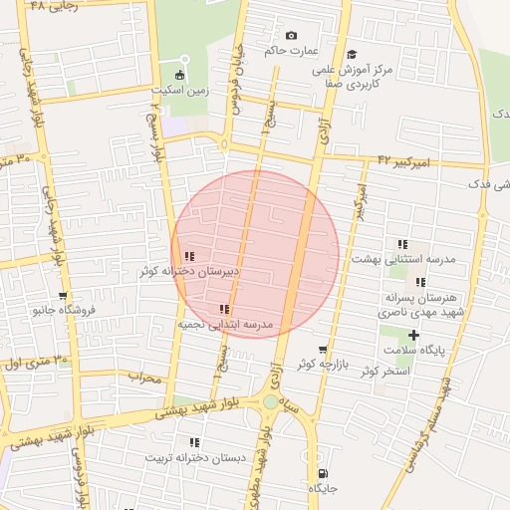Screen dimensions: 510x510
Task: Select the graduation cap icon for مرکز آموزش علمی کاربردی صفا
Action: (351, 56)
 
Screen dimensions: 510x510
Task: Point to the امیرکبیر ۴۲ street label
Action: (403, 160)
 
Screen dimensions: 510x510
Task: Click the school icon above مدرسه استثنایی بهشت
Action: (402, 244)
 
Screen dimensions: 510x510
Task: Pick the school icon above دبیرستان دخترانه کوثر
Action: (189, 257)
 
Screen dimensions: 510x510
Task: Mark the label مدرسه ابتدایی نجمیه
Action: (224, 325)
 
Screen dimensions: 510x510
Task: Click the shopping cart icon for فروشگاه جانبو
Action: (63, 296)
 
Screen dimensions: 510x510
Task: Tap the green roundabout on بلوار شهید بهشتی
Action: (271, 402)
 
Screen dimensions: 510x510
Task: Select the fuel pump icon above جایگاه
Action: (322, 474)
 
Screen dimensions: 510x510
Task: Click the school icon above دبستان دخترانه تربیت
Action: (194, 442)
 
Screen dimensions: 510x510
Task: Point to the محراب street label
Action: (145, 377)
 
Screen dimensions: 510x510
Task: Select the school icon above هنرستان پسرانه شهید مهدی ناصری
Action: (420, 282)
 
